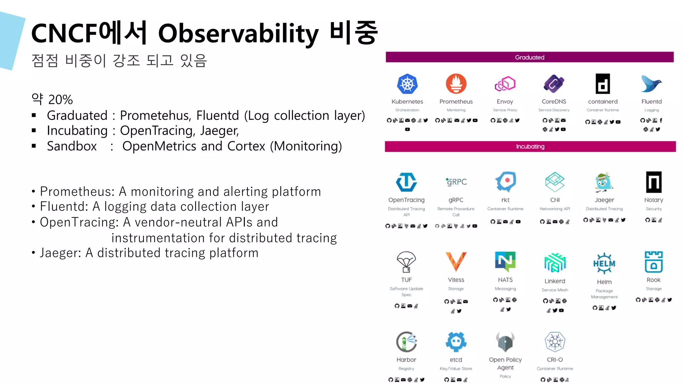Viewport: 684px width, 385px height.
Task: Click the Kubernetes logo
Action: coord(407,84)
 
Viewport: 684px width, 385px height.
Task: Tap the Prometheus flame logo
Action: coord(456,84)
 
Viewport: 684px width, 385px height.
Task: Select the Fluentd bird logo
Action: coord(651,84)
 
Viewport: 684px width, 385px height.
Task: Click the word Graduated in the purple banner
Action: coord(530,57)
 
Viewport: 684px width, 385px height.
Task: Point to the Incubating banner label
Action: coord(530,146)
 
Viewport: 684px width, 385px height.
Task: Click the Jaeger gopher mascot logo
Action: coord(604,182)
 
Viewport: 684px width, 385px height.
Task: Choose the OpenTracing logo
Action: coord(406,182)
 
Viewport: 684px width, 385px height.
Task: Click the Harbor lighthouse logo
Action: coord(406,342)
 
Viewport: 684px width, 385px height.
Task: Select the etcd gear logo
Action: coord(456,342)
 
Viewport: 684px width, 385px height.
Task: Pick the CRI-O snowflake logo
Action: coord(555,342)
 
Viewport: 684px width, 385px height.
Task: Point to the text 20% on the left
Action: coord(60,100)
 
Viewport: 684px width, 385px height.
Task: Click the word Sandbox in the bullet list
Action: coord(72,146)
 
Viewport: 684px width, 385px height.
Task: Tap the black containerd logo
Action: coord(603,84)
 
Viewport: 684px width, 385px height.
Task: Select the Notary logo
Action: coord(654,182)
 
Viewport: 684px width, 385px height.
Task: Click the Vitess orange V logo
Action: coord(456,261)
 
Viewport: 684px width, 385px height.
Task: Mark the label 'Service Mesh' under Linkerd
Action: coord(555,290)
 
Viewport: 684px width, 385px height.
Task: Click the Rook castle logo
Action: coord(654,262)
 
